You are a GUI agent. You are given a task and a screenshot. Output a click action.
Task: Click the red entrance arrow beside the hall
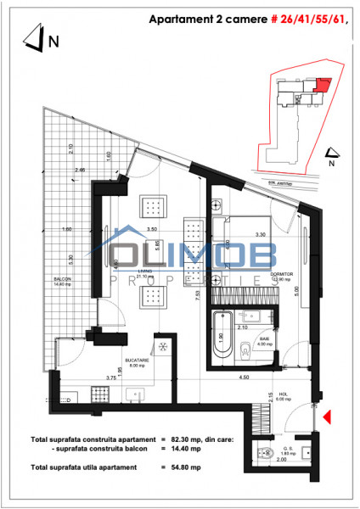click(327, 416)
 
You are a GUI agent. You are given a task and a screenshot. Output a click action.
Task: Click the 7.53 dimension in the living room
click(198, 296)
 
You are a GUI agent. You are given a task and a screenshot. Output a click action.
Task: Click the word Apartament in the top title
click(178, 18)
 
